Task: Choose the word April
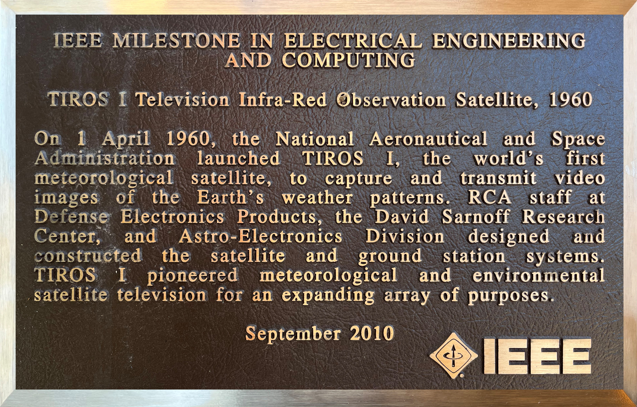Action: (126, 139)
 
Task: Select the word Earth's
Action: (230, 197)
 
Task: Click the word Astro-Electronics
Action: (260, 236)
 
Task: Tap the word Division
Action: (405, 236)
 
